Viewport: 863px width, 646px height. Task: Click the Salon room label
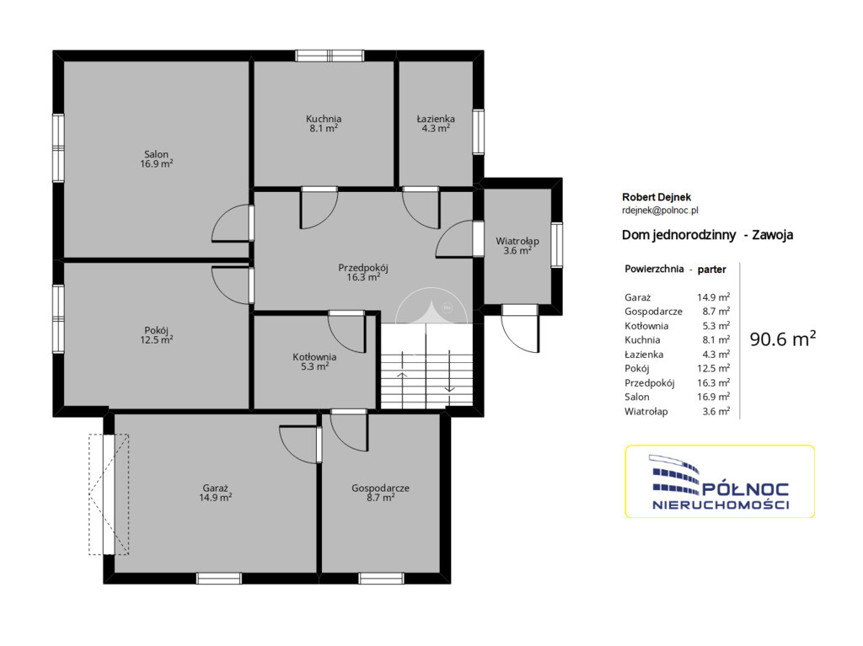[156, 158]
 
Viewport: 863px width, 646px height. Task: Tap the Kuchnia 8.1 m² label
[324, 123]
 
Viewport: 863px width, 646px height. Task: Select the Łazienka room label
[436, 123]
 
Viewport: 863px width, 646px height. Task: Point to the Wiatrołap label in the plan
[517, 246]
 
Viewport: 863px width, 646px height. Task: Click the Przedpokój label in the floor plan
[363, 272]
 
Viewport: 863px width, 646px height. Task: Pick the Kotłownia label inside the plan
[315, 361]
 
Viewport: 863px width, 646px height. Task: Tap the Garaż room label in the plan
[215, 493]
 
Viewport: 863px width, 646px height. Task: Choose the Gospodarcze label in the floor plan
[380, 493]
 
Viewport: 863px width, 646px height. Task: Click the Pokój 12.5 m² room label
[156, 335]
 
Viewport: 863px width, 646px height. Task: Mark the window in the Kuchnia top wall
[330, 56]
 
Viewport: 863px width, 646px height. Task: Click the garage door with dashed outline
[109, 494]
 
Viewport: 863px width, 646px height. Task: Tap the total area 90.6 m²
[783, 339]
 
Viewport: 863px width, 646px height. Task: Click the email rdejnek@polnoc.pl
[660, 210]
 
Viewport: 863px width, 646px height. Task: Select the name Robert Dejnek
[656, 197]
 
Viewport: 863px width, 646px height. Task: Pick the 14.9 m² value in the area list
[713, 297]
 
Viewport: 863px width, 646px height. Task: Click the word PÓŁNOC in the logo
[746, 489]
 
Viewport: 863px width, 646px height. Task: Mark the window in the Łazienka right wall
[479, 131]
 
